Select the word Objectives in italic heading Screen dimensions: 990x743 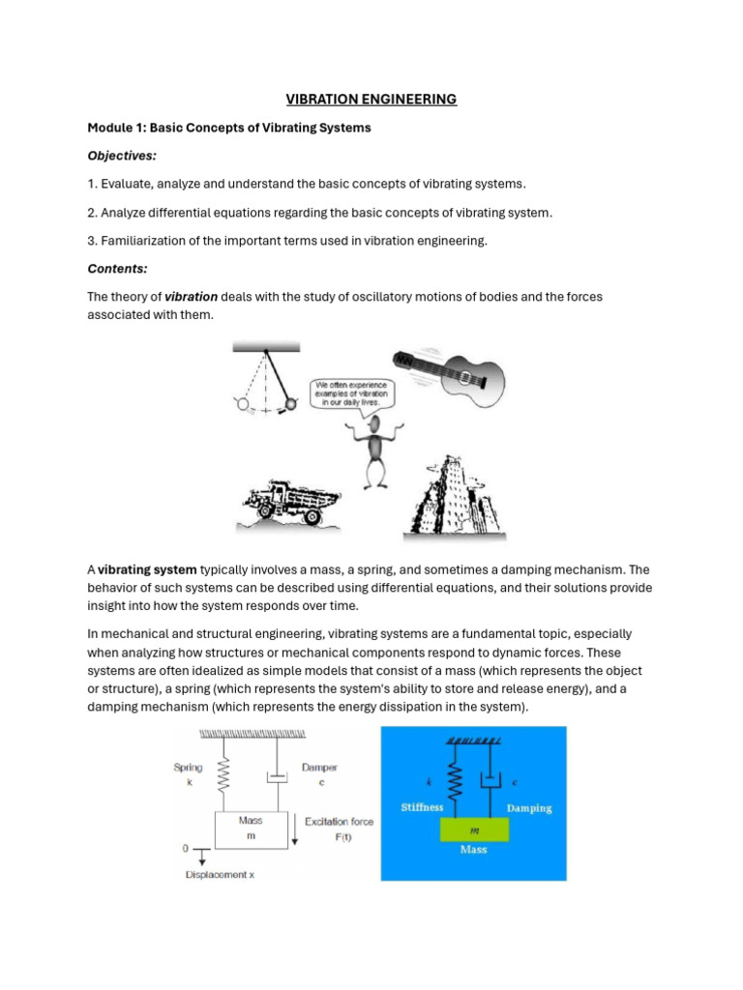122,156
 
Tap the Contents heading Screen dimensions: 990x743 117,269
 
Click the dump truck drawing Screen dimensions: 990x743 289,502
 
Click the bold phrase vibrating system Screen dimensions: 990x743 147,569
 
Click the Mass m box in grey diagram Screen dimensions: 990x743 251,829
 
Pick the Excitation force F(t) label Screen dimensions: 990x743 340,829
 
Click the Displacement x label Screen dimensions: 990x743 222,875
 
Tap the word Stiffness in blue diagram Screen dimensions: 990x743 423,806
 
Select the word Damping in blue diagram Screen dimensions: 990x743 527,808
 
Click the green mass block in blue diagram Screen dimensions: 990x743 474,830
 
